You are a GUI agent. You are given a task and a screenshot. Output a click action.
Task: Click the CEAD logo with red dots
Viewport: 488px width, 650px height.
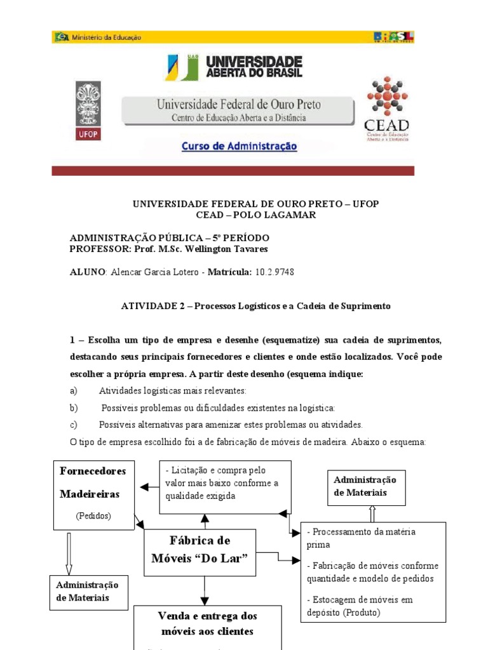(x=386, y=110)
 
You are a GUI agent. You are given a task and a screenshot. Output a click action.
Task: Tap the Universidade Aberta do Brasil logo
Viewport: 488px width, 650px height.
(x=235, y=67)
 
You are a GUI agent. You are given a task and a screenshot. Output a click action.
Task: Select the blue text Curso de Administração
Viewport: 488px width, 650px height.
(x=240, y=146)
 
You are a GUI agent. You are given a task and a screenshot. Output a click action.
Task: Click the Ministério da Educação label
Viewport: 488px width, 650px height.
(x=100, y=37)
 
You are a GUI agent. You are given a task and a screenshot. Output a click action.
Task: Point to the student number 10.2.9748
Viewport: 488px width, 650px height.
(x=274, y=272)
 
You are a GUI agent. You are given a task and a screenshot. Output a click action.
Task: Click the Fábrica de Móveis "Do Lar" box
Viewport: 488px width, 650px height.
(x=200, y=550)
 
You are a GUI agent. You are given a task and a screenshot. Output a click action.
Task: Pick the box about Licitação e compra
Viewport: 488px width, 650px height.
(x=224, y=486)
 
